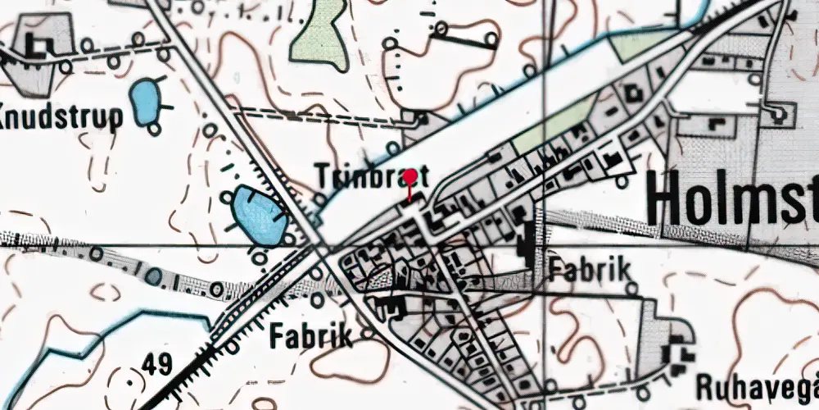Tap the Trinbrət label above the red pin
(x=373, y=175)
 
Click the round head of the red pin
(x=409, y=175)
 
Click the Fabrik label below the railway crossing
(x=311, y=335)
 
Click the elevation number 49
(x=155, y=362)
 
